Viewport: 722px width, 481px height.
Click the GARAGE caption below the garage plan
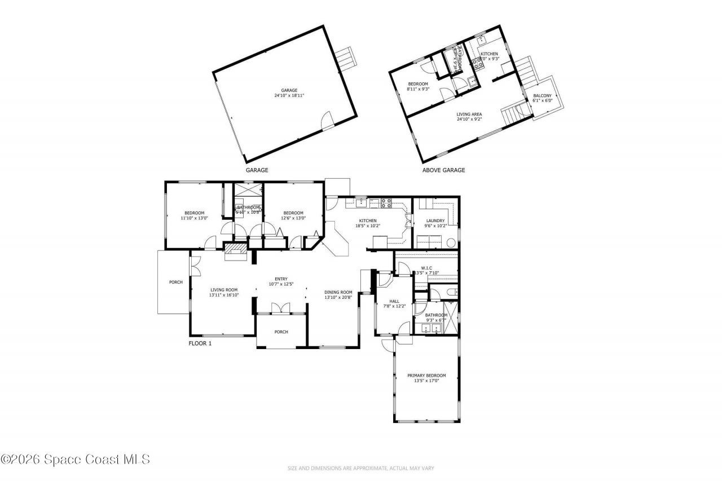[257, 170]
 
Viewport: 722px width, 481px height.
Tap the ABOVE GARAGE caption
[444, 170]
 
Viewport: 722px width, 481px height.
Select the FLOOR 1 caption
[200, 343]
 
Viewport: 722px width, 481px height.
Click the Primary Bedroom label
[426, 376]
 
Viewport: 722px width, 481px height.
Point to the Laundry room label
[435, 220]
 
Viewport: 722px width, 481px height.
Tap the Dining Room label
[338, 292]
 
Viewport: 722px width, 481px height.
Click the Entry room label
[281, 279]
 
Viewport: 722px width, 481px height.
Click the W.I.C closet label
[426, 268]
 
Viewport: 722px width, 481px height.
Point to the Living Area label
[469, 114]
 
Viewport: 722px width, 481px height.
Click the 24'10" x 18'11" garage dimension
[289, 95]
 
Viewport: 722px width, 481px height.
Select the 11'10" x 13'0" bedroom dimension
[193, 218]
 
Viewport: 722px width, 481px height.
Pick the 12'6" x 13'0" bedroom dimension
[294, 218]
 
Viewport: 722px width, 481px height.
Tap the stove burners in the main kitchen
[388, 201]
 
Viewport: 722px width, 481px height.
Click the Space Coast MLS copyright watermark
[75, 460]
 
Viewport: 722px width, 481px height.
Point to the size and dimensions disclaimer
[361, 468]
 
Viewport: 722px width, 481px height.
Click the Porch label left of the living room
[175, 282]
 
